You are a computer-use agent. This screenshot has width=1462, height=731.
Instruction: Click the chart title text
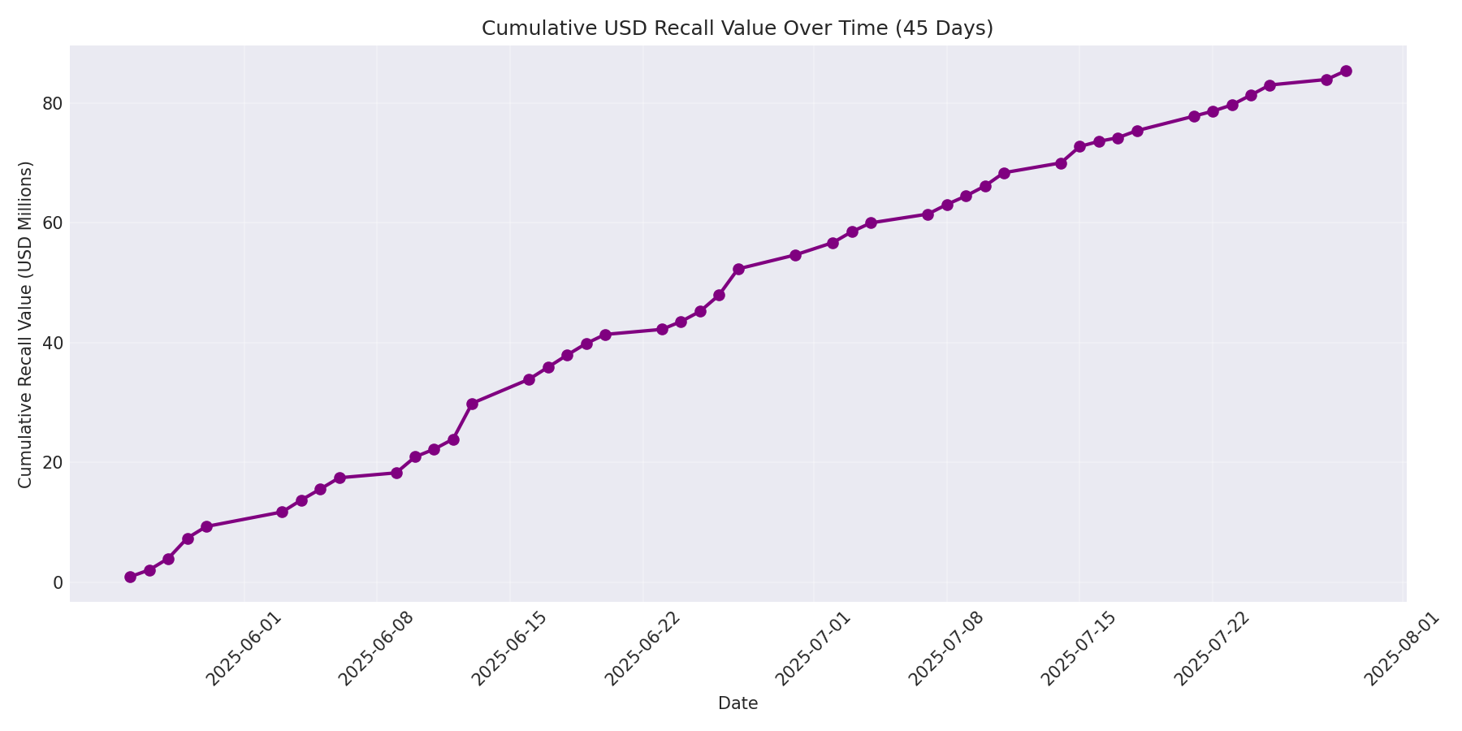click(737, 28)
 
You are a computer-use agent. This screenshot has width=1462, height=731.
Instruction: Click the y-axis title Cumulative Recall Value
click(25, 325)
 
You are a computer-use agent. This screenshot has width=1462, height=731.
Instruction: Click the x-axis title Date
click(737, 704)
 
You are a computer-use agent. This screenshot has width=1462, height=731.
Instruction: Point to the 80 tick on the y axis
click(53, 104)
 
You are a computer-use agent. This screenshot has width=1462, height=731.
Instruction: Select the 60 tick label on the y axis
click(53, 223)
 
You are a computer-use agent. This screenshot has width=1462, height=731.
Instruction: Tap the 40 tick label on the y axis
click(53, 343)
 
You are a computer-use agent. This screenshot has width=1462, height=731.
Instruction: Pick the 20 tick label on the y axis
click(53, 463)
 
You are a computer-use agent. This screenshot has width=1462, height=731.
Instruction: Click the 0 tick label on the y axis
click(58, 582)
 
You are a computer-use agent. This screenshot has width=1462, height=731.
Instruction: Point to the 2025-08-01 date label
click(1402, 650)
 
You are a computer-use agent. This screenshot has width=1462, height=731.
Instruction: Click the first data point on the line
click(130, 577)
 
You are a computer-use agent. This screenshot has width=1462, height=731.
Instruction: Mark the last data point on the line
click(1346, 71)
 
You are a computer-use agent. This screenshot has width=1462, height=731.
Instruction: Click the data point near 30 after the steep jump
click(472, 404)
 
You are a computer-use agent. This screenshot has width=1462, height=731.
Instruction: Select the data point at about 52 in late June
click(738, 269)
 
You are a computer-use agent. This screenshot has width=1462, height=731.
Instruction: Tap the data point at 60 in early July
click(871, 223)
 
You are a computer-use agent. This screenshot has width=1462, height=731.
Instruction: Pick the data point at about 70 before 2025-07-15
click(1061, 163)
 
